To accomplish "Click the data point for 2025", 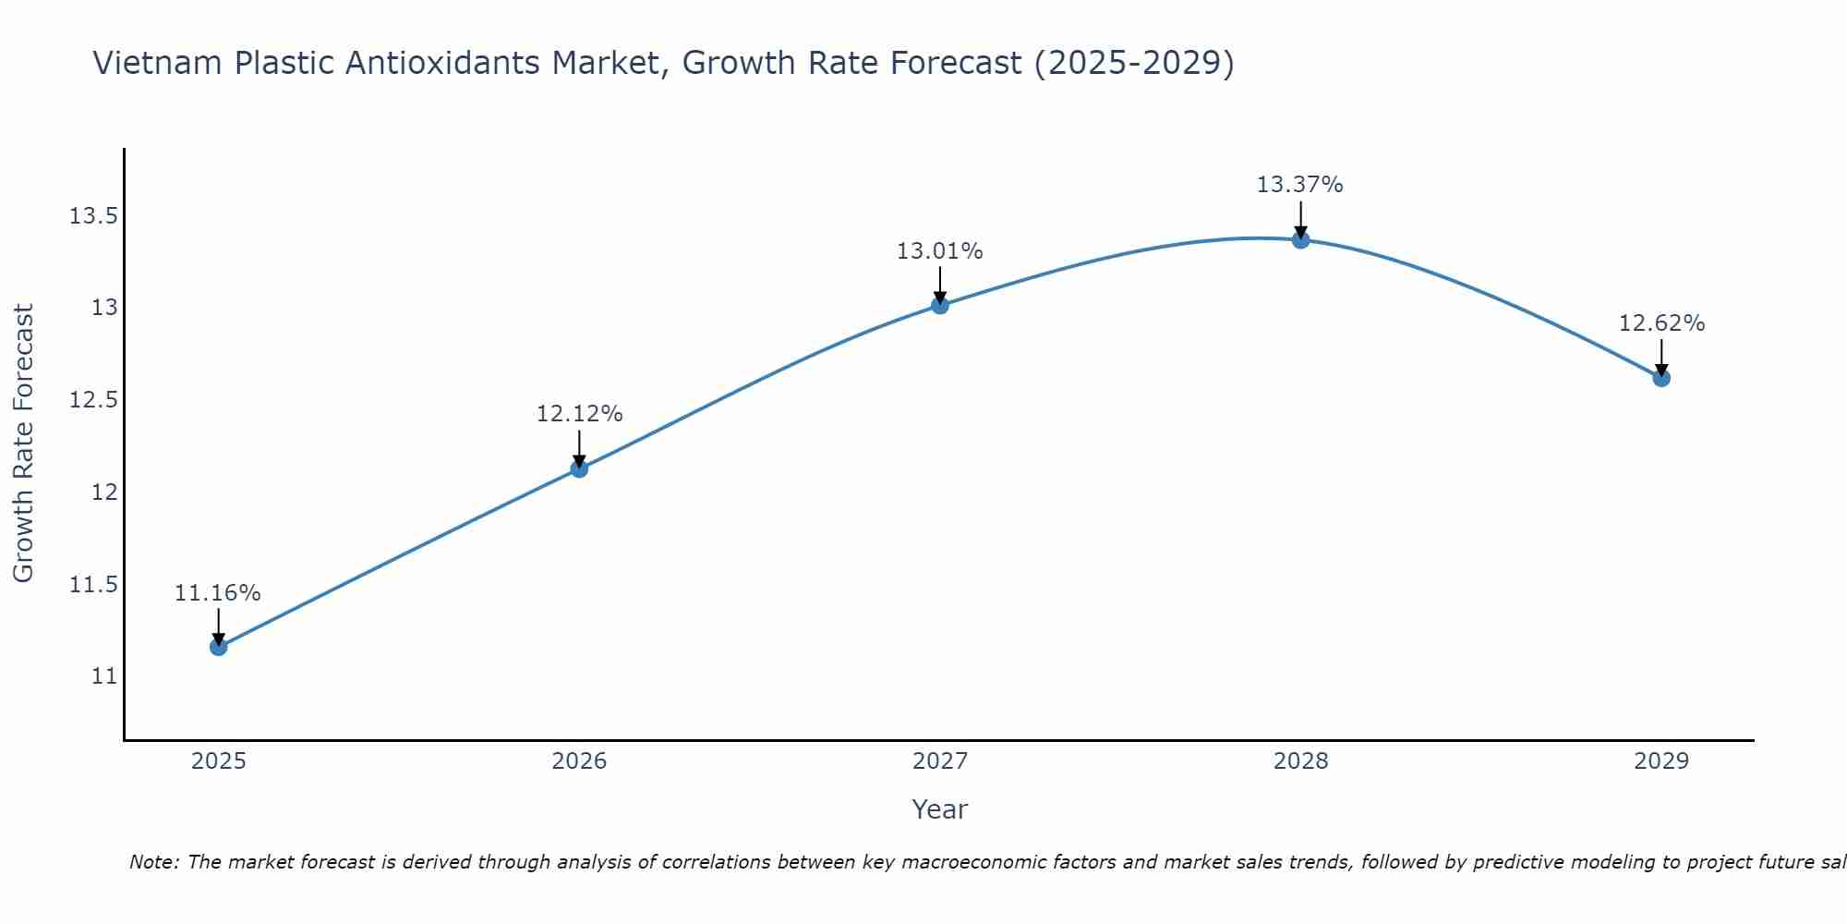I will (x=218, y=647).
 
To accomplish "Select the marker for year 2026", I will (x=579, y=468).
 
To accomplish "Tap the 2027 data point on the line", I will (x=940, y=305).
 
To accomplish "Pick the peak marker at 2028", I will (x=1300, y=239).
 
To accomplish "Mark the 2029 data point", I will (x=1661, y=377).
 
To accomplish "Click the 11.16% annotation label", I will (x=218, y=593).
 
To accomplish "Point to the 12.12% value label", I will (x=579, y=414).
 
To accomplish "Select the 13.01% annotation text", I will (x=940, y=251).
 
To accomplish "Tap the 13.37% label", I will (x=1300, y=185).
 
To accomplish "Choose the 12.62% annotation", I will (x=1661, y=323).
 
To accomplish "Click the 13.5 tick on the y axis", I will (x=94, y=216).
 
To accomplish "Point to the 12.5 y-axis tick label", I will (x=94, y=400).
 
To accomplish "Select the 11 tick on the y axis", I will (x=105, y=676).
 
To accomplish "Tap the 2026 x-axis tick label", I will (x=579, y=761).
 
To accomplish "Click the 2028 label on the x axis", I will (x=1300, y=761).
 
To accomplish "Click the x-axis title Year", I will (x=939, y=809).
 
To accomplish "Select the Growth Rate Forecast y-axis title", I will (x=24, y=444).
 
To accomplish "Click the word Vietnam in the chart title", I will (x=157, y=63).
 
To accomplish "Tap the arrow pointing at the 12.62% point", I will (x=1661, y=357).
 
